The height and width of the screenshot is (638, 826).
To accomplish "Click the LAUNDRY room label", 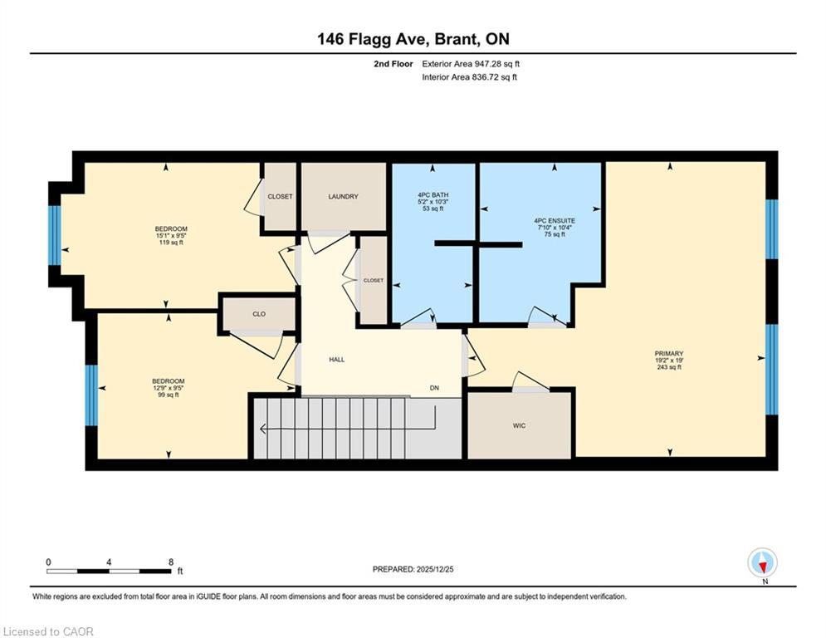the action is click(343, 196).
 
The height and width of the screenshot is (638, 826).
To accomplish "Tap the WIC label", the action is click(519, 425).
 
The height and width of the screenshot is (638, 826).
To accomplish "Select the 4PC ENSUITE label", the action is click(555, 221).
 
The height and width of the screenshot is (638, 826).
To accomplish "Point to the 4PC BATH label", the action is click(433, 195).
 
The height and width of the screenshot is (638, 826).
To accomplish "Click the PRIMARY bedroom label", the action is click(669, 354).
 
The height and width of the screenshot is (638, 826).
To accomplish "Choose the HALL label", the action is click(336, 360).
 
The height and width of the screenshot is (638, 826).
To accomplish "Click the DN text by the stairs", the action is click(434, 388).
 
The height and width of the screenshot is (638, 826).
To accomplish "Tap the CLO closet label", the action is click(259, 314).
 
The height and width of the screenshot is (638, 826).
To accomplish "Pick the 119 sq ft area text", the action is click(171, 243).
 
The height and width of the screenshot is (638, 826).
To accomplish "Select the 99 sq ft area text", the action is click(169, 395).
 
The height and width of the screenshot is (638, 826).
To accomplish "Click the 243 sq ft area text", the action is click(669, 367).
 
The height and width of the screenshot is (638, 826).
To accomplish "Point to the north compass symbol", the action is click(762, 563).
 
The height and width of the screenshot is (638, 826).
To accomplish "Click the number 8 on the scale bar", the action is click(171, 562).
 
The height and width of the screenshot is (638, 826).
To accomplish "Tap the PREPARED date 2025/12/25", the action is click(435, 569).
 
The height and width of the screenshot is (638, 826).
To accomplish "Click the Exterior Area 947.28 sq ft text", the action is click(471, 64).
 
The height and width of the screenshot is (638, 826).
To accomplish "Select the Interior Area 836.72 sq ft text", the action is click(469, 77).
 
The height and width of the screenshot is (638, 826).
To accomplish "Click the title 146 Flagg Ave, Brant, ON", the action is click(413, 39).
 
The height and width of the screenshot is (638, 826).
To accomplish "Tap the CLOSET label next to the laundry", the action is click(280, 196).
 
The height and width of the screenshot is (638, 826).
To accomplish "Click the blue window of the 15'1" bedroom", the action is click(55, 235).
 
